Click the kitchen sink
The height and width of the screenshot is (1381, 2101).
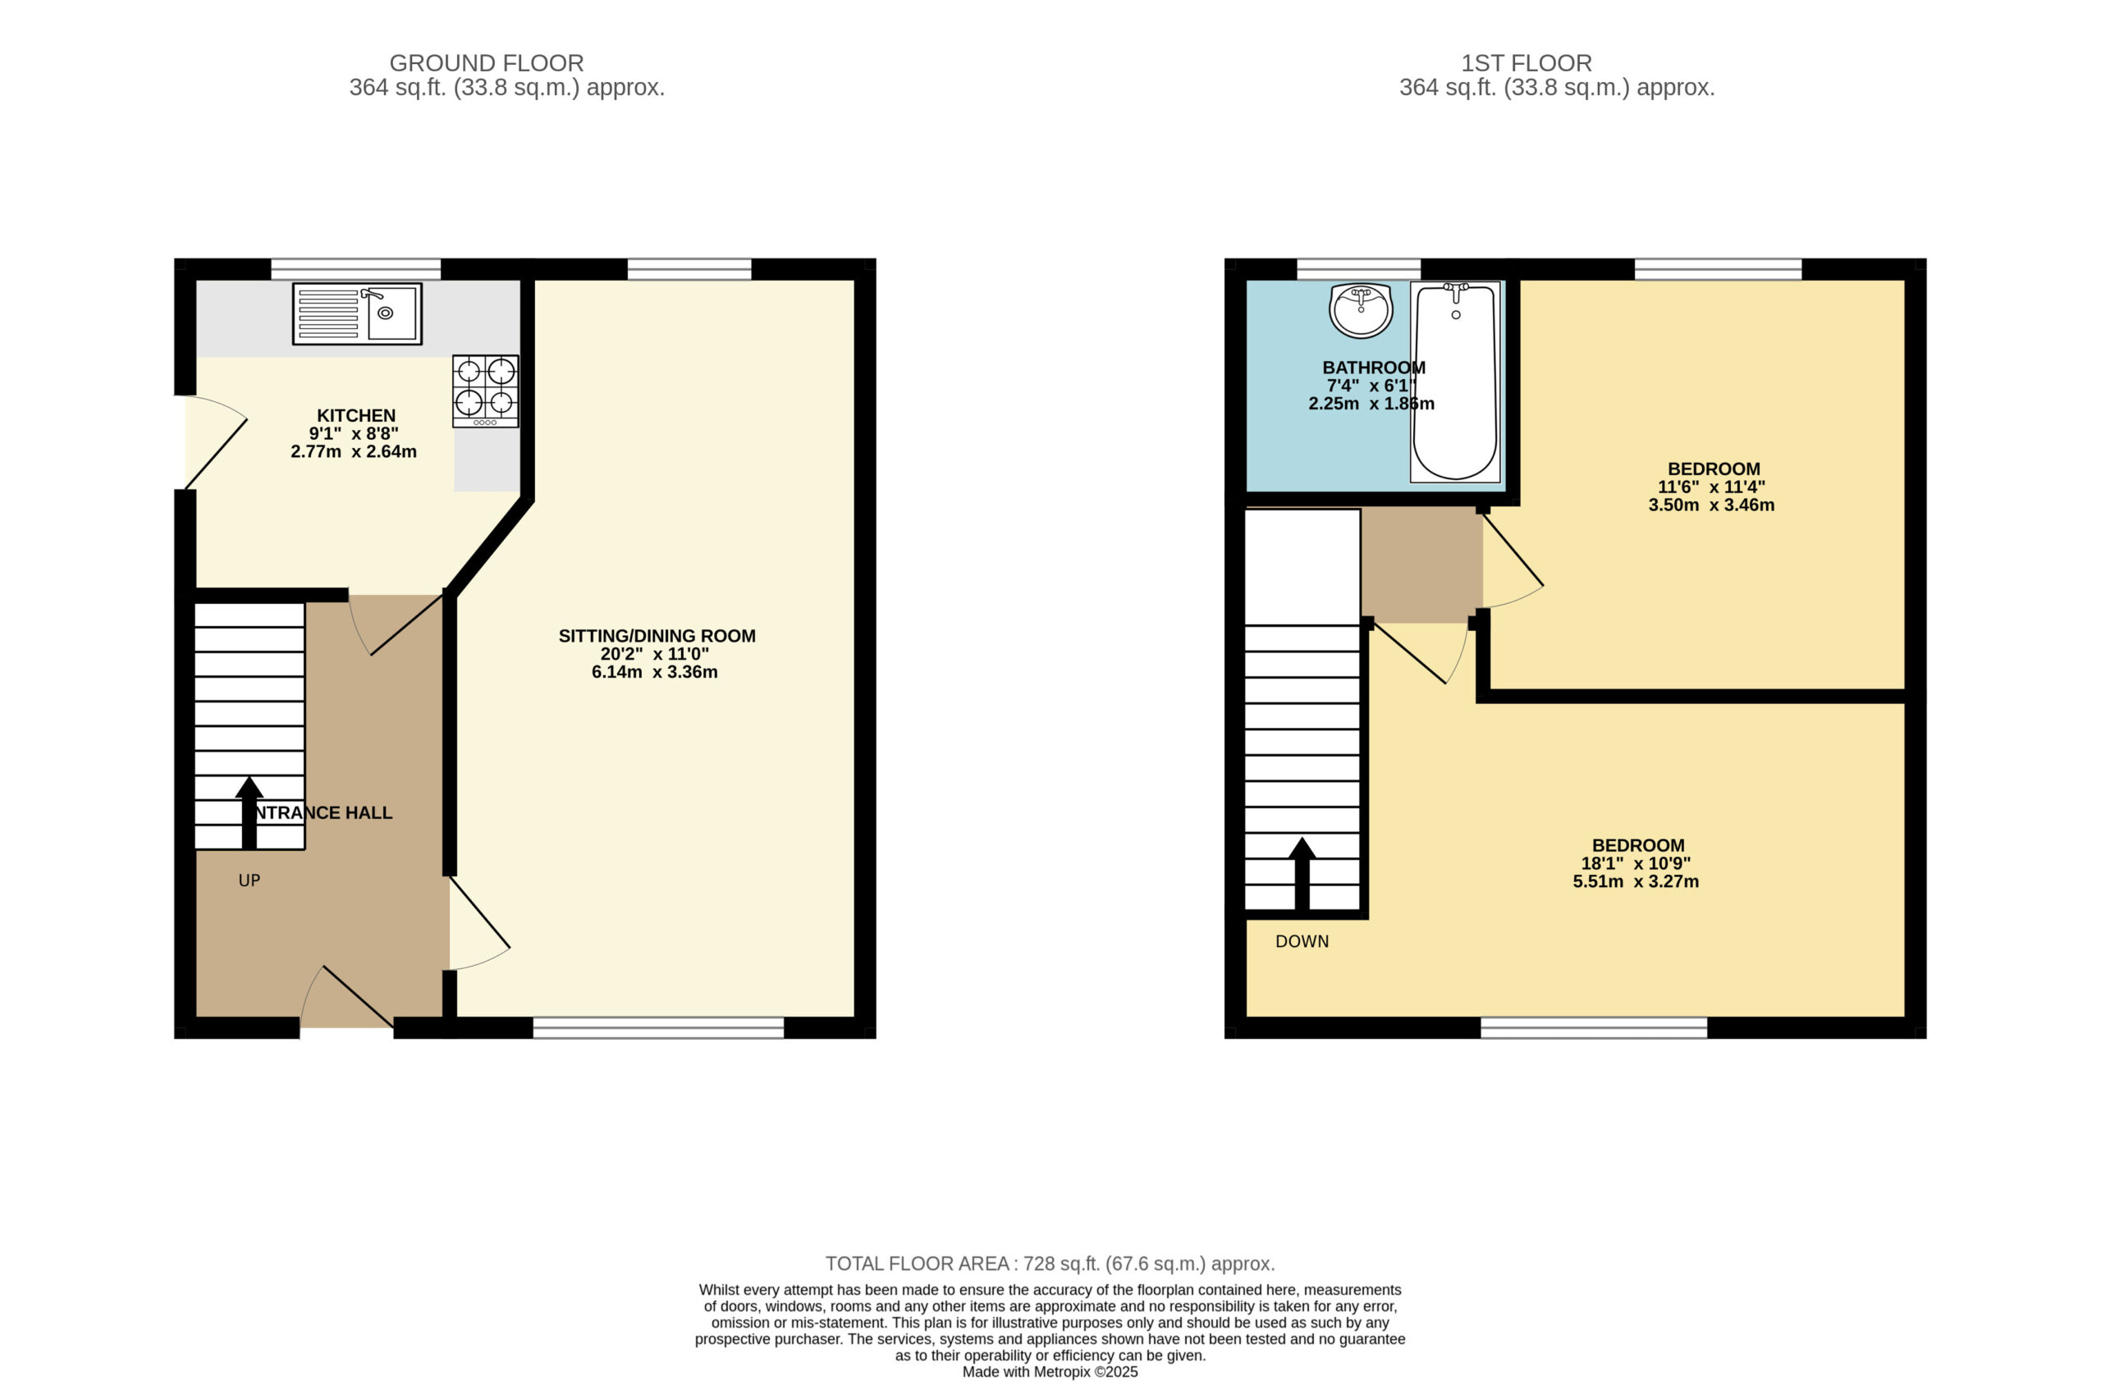click(x=357, y=313)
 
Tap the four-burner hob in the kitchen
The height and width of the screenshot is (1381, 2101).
click(x=486, y=391)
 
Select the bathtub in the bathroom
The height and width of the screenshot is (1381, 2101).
click(x=1455, y=382)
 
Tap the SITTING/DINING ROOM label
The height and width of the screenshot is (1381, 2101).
click(x=657, y=636)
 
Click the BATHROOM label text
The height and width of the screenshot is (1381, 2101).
click(x=1374, y=368)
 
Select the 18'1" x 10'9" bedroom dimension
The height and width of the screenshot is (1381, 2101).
click(x=1636, y=864)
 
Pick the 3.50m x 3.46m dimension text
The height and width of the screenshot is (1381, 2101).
click(x=1711, y=505)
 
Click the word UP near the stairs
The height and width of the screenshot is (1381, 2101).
click(x=249, y=880)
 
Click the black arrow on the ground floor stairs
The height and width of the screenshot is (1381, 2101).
click(x=249, y=812)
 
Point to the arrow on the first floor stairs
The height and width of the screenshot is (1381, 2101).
click(x=1301, y=874)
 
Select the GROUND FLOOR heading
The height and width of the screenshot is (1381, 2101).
click(x=487, y=63)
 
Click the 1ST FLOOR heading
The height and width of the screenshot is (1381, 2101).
click(x=1527, y=63)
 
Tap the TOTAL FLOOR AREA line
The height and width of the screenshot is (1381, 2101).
click(x=1050, y=1264)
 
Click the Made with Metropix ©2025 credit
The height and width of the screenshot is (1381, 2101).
click(x=1050, y=1372)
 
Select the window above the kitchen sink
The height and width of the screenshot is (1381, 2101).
click(x=355, y=269)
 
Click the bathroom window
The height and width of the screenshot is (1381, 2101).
click(x=1358, y=269)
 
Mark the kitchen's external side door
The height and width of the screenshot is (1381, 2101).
click(x=215, y=442)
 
